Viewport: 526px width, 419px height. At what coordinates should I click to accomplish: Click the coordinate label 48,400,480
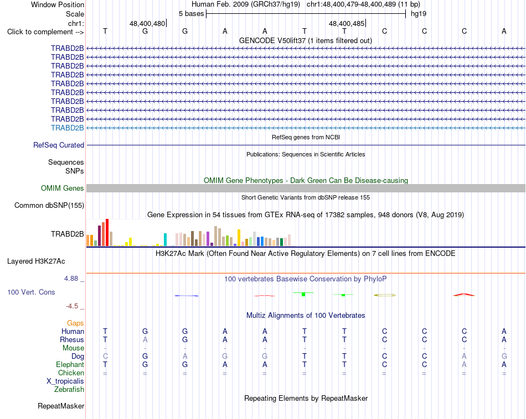click(x=147, y=23)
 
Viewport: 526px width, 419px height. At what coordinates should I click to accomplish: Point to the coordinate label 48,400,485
click(x=347, y=23)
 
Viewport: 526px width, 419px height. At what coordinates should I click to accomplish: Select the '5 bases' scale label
click(x=191, y=14)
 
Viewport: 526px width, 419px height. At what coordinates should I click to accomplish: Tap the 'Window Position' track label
click(x=58, y=4)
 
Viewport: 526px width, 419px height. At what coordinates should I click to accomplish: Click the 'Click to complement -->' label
click(x=45, y=32)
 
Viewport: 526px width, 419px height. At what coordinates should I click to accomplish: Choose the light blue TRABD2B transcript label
click(x=68, y=128)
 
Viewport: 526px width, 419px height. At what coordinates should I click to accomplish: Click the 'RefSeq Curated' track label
click(x=59, y=145)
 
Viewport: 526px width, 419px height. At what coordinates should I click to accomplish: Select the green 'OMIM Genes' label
click(x=63, y=188)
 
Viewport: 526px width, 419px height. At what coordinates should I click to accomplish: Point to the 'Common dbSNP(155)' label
click(x=49, y=205)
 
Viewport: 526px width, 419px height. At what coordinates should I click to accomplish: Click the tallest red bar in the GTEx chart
click(x=107, y=233)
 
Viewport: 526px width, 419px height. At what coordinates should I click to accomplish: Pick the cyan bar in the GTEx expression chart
click(x=165, y=240)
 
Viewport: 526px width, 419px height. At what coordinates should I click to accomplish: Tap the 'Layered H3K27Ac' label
click(x=36, y=261)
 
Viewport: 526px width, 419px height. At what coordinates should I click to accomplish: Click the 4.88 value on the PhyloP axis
click(x=71, y=279)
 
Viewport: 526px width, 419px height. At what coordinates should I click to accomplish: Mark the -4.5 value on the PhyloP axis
click(x=72, y=306)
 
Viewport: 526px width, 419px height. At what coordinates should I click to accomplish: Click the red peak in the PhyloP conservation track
click(x=464, y=295)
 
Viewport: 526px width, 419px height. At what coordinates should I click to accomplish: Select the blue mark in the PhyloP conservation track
click(x=187, y=296)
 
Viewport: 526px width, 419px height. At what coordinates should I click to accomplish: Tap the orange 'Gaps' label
click(x=75, y=323)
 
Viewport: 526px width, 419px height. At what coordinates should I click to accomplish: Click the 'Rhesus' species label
click(x=72, y=339)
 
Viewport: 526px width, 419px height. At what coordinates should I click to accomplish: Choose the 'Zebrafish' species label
click(x=69, y=390)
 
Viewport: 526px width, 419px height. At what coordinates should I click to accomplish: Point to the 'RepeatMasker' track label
click(x=61, y=406)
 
